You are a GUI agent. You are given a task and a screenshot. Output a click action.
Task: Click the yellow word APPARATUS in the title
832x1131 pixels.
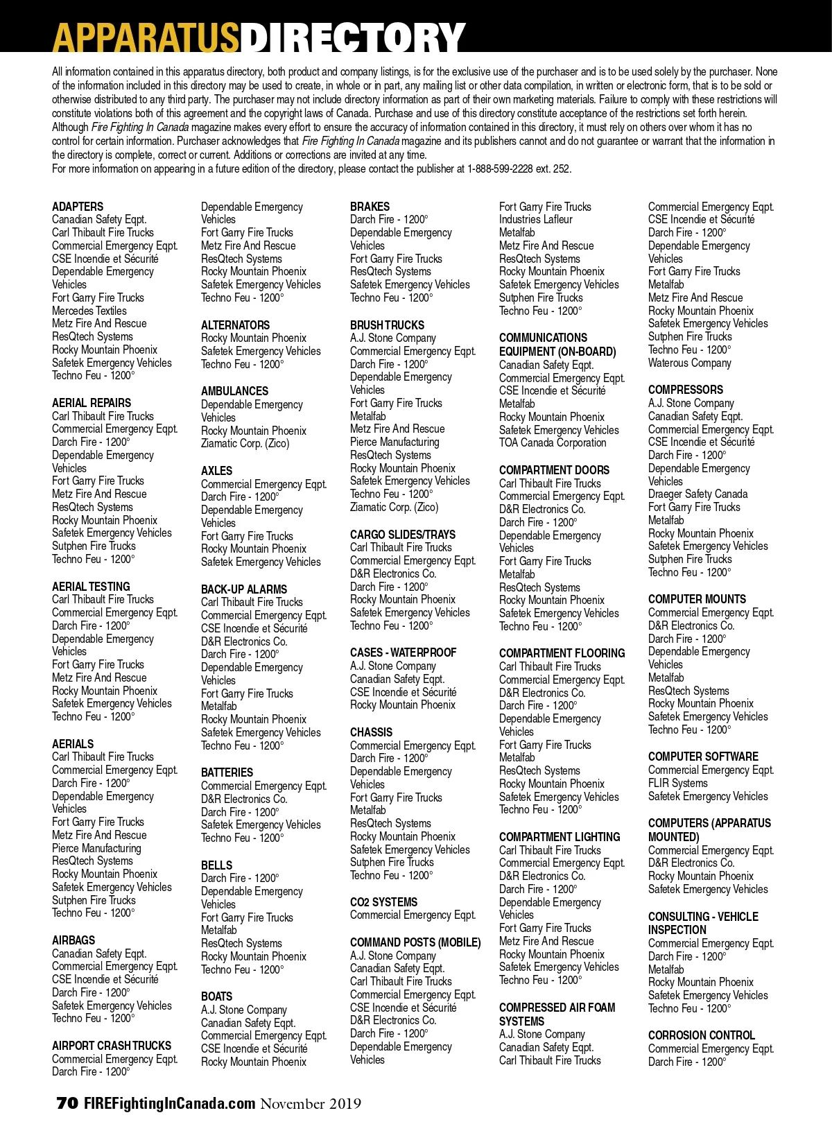pos(146,37)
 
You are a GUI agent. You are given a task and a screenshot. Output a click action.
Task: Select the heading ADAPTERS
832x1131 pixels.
pos(78,207)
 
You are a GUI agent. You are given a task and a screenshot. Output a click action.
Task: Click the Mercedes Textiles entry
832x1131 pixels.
pos(89,311)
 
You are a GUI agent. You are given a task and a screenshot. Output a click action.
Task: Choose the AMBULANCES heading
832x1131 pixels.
pos(234,391)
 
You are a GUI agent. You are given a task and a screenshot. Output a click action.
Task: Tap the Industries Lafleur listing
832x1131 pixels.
pos(536,220)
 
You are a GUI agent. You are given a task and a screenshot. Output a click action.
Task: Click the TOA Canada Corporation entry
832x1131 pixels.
pos(553,442)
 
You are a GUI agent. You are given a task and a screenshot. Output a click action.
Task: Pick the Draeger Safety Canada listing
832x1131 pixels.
pos(697,494)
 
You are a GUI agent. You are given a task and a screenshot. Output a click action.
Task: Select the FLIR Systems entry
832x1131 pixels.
pos(678,783)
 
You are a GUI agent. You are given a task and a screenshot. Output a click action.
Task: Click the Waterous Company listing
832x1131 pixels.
pos(690,363)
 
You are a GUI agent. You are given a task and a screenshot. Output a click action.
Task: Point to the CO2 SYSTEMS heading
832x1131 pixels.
pos(383,902)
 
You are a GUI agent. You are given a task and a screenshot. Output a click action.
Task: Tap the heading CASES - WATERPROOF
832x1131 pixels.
pos(403,653)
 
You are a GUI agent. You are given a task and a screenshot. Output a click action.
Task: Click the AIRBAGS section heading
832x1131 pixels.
pos(73,940)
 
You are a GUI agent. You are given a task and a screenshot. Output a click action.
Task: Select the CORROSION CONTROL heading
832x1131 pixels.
pos(701,1035)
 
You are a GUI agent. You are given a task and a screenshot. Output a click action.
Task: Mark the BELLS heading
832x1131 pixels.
pos(216,865)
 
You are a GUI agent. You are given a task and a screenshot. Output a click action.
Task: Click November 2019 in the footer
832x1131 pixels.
pos(311,1103)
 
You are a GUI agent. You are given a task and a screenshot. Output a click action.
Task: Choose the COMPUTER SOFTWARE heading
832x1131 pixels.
pos(703,757)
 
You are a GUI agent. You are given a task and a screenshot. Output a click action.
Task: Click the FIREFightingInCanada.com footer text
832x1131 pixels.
pos(170,1103)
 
